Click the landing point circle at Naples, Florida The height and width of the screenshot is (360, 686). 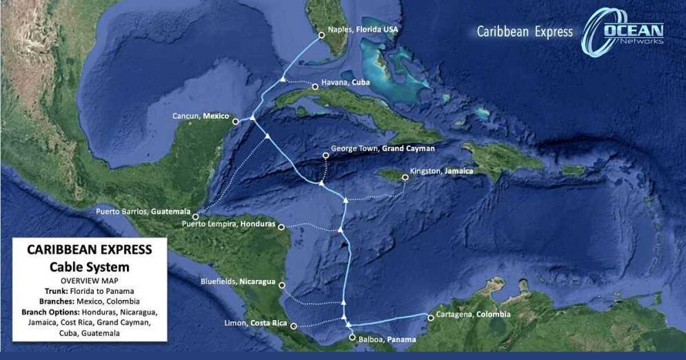pos(321,35)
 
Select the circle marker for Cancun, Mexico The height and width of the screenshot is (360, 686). pos(236,121)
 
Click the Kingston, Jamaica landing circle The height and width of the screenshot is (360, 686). pos(405,177)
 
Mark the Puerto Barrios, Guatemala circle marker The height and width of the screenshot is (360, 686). pos(196,217)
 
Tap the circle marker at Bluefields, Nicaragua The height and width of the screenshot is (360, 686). pos(281,285)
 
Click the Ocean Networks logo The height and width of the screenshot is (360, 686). pos(623,32)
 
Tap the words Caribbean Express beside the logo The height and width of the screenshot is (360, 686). pos(525,32)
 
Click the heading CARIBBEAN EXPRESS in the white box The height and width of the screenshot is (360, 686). pos(90,250)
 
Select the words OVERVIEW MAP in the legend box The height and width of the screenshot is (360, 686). pos(89,281)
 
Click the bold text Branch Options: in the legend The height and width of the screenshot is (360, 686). pos(51,313)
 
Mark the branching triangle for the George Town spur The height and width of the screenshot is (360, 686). pos(321,183)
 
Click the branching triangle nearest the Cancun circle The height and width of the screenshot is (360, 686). pos(252,118)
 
